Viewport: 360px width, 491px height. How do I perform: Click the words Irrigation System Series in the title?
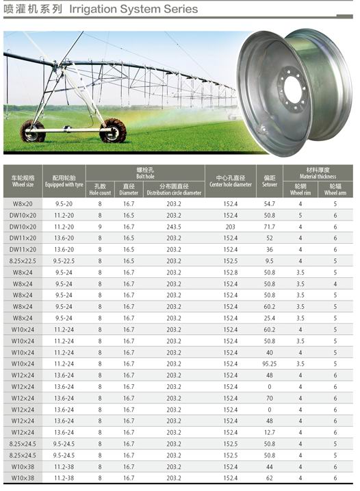(x=133, y=9)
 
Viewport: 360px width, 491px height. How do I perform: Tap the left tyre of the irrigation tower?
(x=33, y=131)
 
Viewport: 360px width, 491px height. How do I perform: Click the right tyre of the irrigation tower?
(x=113, y=130)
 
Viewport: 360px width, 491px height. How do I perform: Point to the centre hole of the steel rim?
(x=294, y=89)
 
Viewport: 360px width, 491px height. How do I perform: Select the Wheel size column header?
(x=23, y=181)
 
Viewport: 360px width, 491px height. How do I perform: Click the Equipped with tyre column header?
(x=64, y=181)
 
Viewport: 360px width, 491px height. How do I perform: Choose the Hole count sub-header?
(x=100, y=190)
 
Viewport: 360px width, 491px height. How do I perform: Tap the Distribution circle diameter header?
(x=174, y=190)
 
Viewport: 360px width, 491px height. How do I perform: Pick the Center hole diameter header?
(x=231, y=181)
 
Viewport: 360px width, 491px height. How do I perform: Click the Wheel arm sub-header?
(x=335, y=190)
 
